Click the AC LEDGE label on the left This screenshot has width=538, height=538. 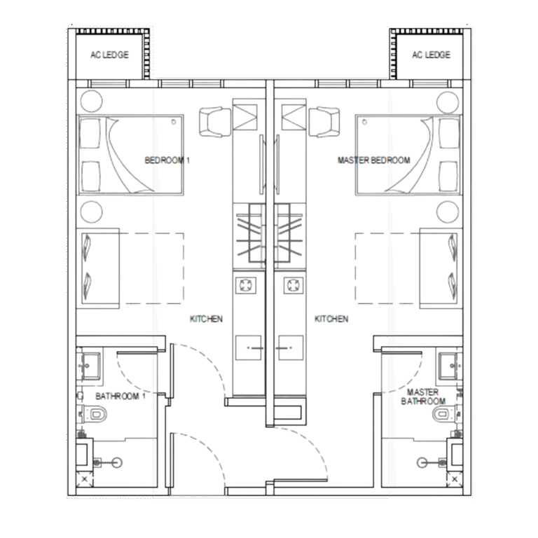tap(109, 55)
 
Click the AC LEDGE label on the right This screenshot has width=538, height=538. tap(431, 55)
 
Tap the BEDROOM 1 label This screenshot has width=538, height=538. tap(167, 160)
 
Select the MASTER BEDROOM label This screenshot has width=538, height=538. tap(373, 160)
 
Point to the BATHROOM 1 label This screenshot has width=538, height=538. tap(120, 396)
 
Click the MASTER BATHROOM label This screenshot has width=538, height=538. tap(423, 396)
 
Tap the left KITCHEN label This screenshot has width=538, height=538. tap(206, 319)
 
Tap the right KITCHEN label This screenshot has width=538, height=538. tap(331, 319)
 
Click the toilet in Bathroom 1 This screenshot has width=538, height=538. tap(93, 415)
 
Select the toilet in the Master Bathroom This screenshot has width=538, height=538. tap(446, 415)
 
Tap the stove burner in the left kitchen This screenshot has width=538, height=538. tap(246, 285)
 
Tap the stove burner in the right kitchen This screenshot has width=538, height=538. tap(294, 285)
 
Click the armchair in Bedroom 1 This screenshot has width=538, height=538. tap(215, 122)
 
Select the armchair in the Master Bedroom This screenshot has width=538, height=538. tap(324, 122)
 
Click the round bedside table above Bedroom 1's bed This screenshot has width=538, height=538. tap(91, 101)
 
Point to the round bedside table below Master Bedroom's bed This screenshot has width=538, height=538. tap(448, 212)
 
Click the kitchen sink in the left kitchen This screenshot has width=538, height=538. tap(249, 347)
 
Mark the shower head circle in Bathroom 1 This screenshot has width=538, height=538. tap(118, 462)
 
